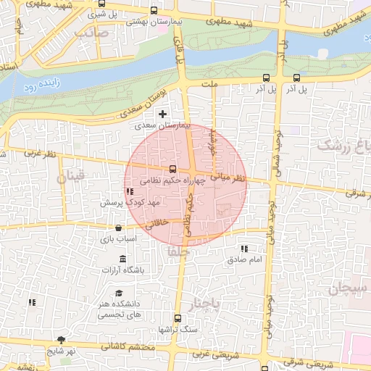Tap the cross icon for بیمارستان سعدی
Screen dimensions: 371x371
point(162,114)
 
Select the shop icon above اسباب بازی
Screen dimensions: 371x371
point(118,228)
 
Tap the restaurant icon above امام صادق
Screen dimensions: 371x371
point(243,249)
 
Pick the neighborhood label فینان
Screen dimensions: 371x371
point(74,175)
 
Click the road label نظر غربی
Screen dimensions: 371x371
point(41,154)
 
